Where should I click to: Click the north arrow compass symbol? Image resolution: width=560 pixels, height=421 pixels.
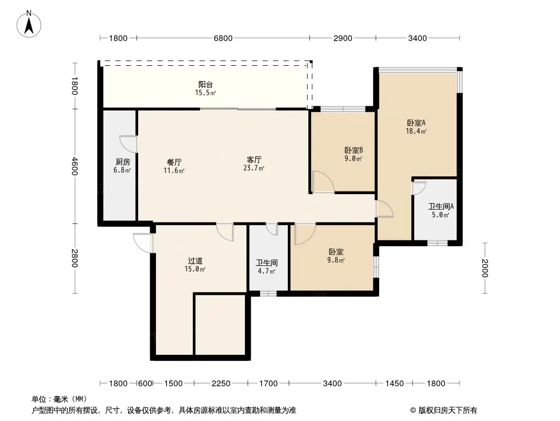pyautogui.click(x=29, y=24)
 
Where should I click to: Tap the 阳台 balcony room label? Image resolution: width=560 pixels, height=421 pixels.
pyautogui.click(x=205, y=84)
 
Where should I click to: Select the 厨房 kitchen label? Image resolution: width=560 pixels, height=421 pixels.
pyautogui.click(x=122, y=162)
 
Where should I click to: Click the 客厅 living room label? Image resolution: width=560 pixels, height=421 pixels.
pyautogui.click(x=254, y=159)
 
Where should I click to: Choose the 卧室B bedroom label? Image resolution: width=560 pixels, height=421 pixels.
pyautogui.click(x=354, y=150)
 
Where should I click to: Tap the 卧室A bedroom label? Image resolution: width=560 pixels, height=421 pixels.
pyautogui.click(x=416, y=123)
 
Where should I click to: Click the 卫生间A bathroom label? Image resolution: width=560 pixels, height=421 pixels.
pyautogui.click(x=441, y=206)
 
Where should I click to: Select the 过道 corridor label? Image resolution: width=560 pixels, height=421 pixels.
pyautogui.click(x=195, y=260)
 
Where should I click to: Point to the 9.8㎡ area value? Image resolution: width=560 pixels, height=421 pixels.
pyautogui.click(x=336, y=260)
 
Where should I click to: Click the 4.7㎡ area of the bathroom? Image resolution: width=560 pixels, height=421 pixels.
pyautogui.click(x=266, y=271)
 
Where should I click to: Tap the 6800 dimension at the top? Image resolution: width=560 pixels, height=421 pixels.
pyautogui.click(x=223, y=38)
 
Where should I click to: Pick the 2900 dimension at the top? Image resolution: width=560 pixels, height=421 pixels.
pyautogui.click(x=343, y=38)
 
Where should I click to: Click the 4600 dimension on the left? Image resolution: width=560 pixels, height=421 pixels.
pyautogui.click(x=74, y=166)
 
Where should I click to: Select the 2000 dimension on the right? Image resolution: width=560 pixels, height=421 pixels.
pyautogui.click(x=485, y=268)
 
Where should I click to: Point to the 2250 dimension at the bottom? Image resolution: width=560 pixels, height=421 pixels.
pyautogui.click(x=221, y=384)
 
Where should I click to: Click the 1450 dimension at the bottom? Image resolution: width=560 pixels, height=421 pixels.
pyautogui.click(x=395, y=384)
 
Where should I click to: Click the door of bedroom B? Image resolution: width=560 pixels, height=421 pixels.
pyautogui.click(x=323, y=182)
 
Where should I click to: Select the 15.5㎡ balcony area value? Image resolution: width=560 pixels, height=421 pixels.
pyautogui.click(x=205, y=93)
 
